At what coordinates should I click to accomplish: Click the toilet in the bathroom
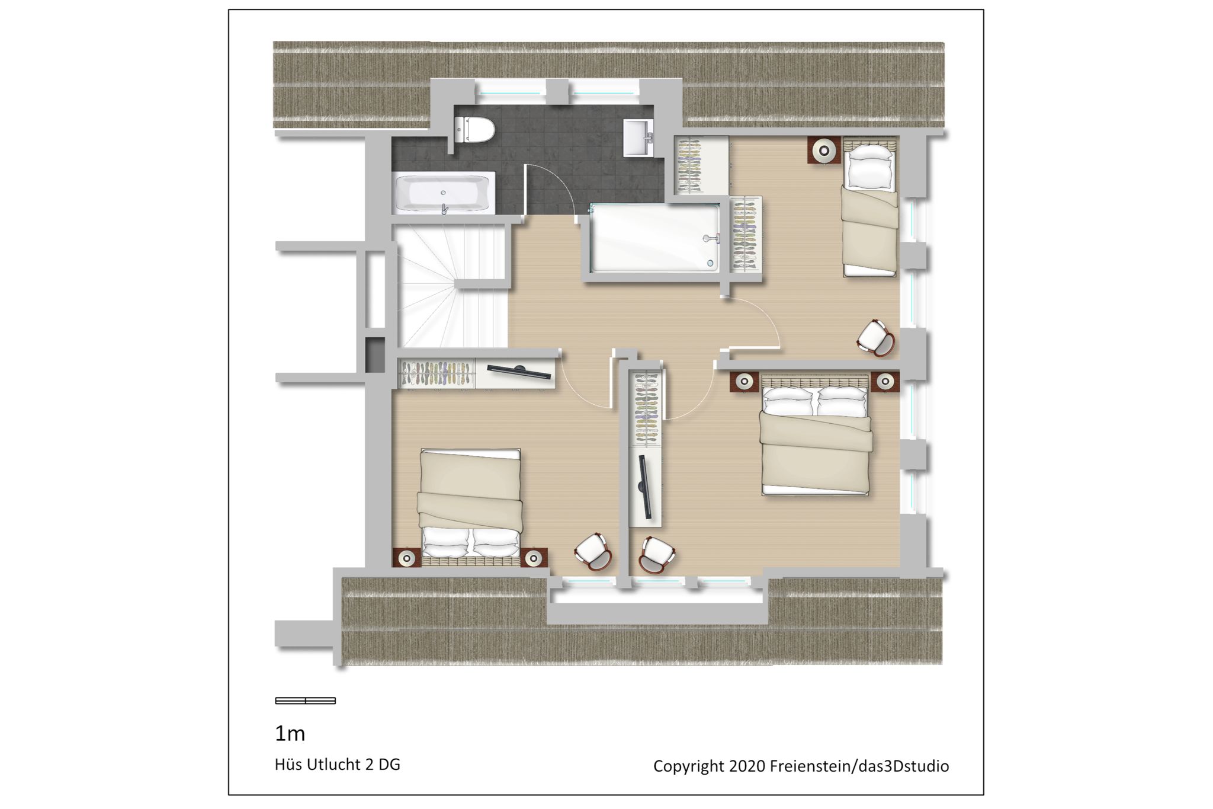[x=474, y=129]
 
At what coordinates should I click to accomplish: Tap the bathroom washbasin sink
[x=638, y=138]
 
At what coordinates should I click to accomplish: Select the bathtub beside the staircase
[x=444, y=193]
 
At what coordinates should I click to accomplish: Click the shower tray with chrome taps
[x=656, y=238]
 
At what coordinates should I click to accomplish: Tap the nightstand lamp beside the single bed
[x=824, y=150]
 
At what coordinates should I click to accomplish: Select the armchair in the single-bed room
[x=876, y=338]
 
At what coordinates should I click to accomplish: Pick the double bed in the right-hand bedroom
[x=816, y=436]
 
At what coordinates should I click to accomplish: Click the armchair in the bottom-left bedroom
[x=593, y=552]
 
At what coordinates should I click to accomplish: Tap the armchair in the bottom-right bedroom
[x=657, y=555]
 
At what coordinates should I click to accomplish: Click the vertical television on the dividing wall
[x=645, y=485]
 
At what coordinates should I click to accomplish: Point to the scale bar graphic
[x=306, y=701]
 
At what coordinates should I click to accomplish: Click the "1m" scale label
[x=290, y=734]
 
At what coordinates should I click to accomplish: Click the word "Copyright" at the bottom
[x=689, y=766]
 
